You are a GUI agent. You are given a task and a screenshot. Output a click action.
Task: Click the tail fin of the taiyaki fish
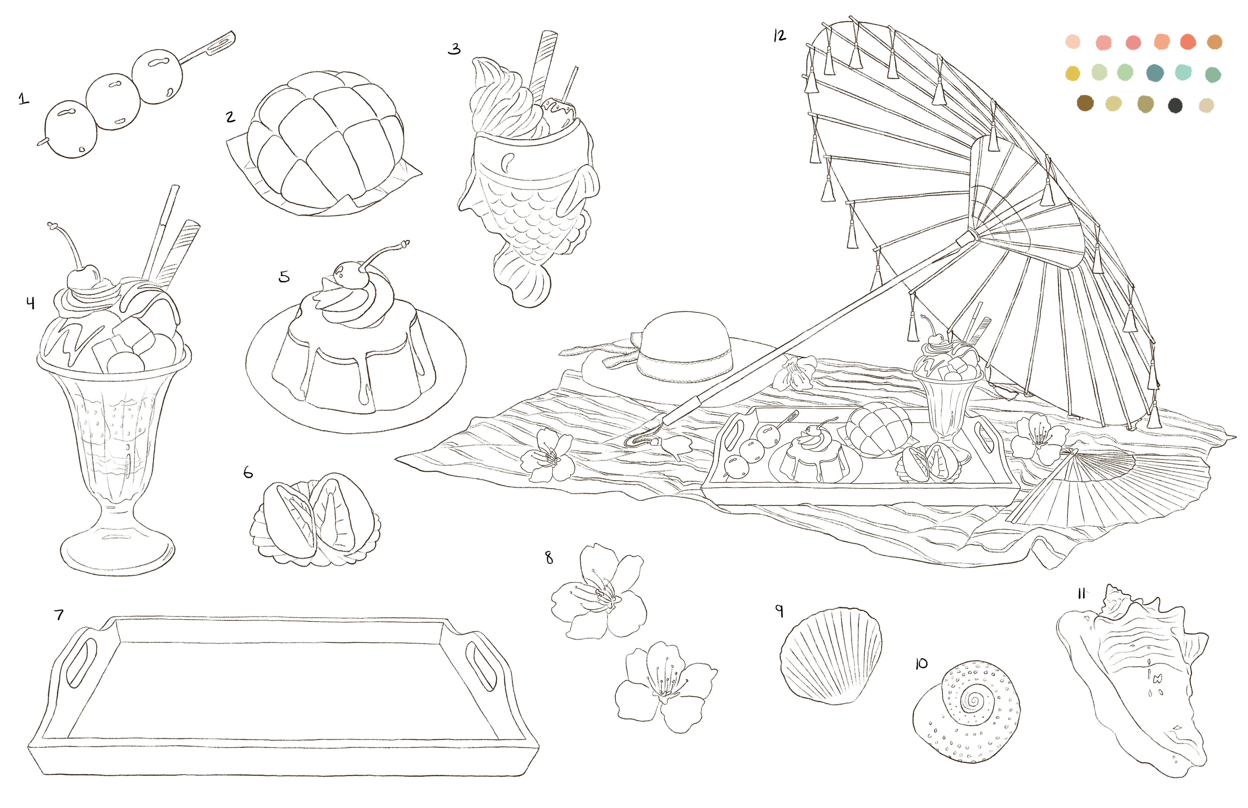(x=522, y=281)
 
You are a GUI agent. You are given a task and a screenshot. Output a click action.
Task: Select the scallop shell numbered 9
(x=831, y=656)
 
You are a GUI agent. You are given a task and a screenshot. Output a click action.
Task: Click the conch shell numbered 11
(x=1138, y=682)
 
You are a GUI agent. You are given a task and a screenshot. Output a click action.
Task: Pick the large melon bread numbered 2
(x=325, y=139)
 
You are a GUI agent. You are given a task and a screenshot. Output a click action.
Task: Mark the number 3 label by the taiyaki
(x=454, y=49)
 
